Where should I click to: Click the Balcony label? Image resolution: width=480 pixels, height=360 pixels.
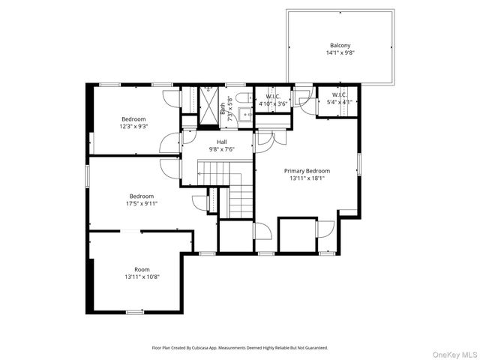pyautogui.click(x=340, y=45)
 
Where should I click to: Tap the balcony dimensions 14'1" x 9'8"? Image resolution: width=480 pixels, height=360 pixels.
pyautogui.click(x=340, y=53)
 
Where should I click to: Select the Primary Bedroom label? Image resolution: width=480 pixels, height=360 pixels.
pyautogui.click(x=307, y=171)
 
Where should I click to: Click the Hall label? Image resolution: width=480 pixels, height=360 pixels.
pyautogui.click(x=222, y=141)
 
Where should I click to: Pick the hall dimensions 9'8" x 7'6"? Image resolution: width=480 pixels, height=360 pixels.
pyautogui.click(x=222, y=148)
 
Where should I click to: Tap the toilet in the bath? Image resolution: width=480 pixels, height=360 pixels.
pyautogui.click(x=239, y=99)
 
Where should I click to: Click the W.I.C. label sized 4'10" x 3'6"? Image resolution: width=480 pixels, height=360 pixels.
pyautogui.click(x=272, y=96)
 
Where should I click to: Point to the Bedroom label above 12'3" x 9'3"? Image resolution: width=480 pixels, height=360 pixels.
pyautogui.click(x=133, y=118)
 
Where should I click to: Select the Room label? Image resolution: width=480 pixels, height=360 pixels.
pyautogui.click(x=142, y=269)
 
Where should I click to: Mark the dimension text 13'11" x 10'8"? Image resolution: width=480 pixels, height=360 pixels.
pyautogui.click(x=142, y=277)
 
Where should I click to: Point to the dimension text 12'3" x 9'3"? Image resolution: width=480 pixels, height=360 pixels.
pyautogui.click(x=133, y=126)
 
